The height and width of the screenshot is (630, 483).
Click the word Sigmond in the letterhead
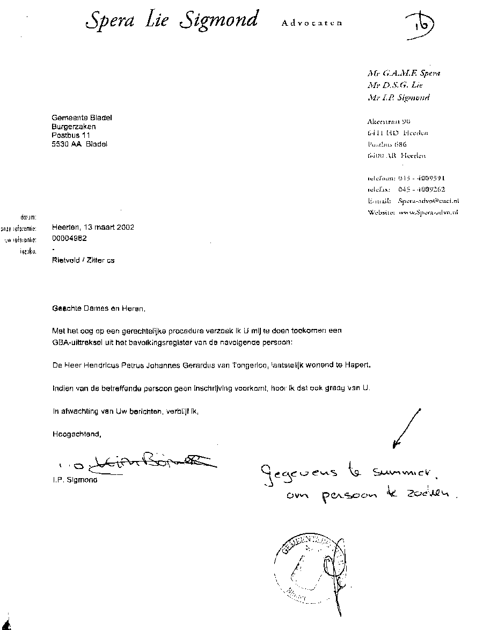tap(219, 20)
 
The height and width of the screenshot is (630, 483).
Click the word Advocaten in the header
tap(311, 23)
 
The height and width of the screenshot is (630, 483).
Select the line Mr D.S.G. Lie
tap(396, 85)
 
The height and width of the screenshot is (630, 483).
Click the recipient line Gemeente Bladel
tap(82, 118)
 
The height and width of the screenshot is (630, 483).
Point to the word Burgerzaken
tap(74, 127)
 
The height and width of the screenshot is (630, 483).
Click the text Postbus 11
tap(71, 135)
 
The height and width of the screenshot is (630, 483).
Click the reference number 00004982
tap(70, 238)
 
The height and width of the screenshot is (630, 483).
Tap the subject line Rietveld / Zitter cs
tap(83, 260)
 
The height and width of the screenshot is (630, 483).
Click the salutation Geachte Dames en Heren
tap(98, 309)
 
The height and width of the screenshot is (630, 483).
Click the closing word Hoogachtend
tap(76, 434)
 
